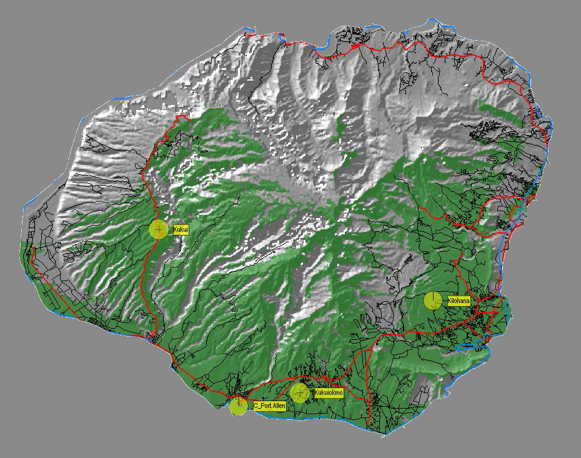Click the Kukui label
(x=181, y=229)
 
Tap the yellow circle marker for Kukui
(x=159, y=229)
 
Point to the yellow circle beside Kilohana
(x=433, y=301)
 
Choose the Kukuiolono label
(x=329, y=393)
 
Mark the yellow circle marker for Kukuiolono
(x=300, y=393)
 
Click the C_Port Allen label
(x=269, y=406)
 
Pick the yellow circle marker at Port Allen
(x=239, y=406)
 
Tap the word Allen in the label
(x=279, y=406)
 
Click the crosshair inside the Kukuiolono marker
(x=300, y=393)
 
